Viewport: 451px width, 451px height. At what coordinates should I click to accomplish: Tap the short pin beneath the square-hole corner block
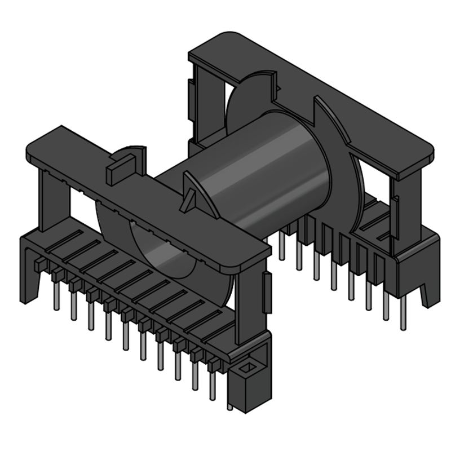[231, 406]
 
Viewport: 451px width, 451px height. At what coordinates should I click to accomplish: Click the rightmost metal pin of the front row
[213, 383]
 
